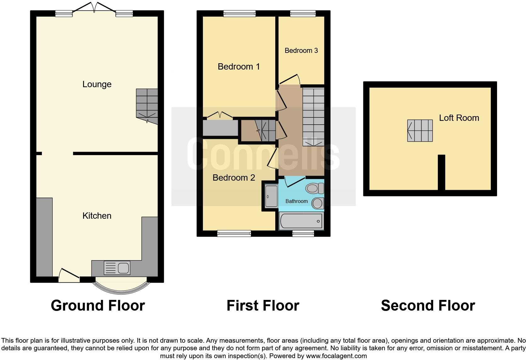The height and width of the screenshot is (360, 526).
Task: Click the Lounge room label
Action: [x=97, y=84]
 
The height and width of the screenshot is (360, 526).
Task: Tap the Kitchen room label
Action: [x=97, y=216]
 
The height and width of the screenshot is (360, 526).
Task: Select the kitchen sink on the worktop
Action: [x=117, y=268]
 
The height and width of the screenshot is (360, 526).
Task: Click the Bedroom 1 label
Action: [x=239, y=67]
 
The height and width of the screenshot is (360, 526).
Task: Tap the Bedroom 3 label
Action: [x=301, y=51]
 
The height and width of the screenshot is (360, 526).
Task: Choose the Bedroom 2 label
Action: [x=234, y=178]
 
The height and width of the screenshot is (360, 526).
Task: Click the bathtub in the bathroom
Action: [x=301, y=221]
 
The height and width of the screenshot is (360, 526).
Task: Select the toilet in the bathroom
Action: [x=315, y=188]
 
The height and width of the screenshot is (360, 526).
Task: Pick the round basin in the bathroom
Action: [x=317, y=203]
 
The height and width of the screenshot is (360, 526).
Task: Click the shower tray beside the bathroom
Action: [x=271, y=196]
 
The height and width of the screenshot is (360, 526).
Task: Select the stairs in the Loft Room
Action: [x=420, y=131]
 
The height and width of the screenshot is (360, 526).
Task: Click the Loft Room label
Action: [x=459, y=118]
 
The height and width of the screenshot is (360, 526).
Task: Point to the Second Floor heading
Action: [x=428, y=306]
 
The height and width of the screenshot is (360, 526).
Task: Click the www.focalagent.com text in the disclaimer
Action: [x=336, y=356]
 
